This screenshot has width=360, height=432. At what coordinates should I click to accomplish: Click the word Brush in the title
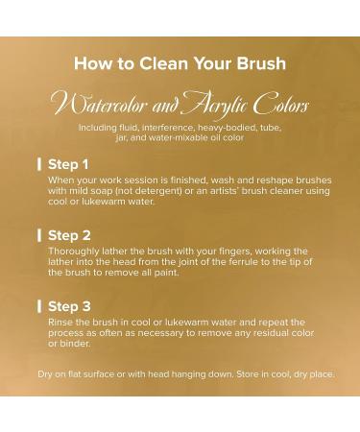tap(261, 63)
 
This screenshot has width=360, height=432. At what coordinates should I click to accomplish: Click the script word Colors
tap(281, 103)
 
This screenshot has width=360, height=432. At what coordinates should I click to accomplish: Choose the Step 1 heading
tap(68, 164)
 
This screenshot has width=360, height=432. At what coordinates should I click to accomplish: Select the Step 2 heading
tap(69, 235)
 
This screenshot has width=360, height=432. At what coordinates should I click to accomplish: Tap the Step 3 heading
tap(69, 306)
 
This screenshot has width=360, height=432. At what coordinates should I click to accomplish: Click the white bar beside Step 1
tap(39, 164)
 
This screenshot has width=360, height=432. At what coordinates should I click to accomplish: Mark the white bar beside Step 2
tap(39, 235)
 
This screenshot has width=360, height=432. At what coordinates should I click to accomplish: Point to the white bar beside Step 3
tap(39, 306)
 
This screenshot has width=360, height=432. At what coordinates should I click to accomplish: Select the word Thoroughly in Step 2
tap(69, 252)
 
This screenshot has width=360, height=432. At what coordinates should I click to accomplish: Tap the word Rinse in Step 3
tap(59, 323)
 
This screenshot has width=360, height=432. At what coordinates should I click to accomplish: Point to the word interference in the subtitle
tap(168, 128)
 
